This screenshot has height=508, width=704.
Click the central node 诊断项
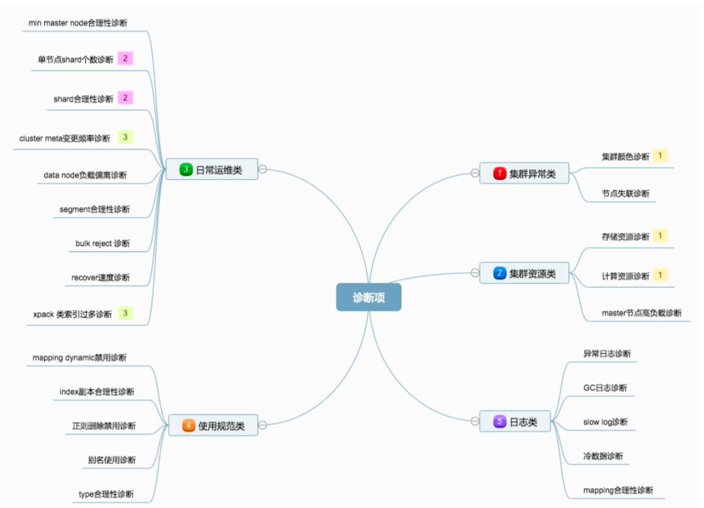[368, 297]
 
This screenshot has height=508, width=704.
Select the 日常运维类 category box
[212, 170]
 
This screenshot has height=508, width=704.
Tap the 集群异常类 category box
[524, 174]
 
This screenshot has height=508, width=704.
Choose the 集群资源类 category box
[524, 273]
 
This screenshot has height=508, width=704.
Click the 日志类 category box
[514, 422]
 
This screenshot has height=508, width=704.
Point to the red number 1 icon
[499, 174]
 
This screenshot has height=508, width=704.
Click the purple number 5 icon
[499, 422]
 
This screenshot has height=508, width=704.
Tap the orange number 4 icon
[188, 425]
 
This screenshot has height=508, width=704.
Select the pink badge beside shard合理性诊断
[125, 98]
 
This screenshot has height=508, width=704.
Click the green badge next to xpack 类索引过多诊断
[125, 312]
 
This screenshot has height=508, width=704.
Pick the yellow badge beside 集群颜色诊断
[660, 155]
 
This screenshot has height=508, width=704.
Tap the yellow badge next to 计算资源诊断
[660, 275]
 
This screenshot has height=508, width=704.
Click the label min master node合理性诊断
[78, 23]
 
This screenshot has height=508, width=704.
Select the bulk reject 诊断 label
[103, 243]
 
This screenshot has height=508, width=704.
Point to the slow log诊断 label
[605, 422]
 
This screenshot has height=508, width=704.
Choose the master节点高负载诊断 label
[641, 313]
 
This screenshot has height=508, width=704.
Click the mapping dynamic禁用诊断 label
[79, 358]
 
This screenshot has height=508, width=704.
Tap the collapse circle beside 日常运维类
[263, 170]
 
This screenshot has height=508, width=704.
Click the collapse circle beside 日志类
[475, 422]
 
